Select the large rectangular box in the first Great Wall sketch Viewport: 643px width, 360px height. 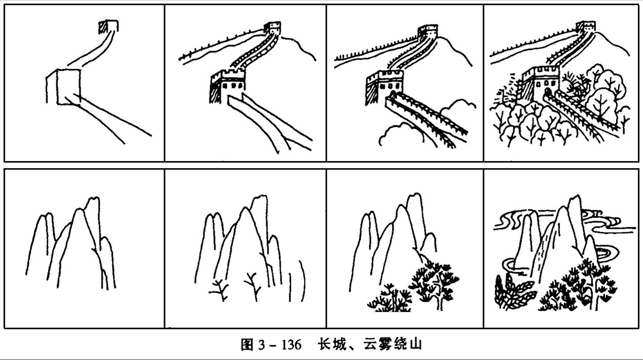point(68,87)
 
